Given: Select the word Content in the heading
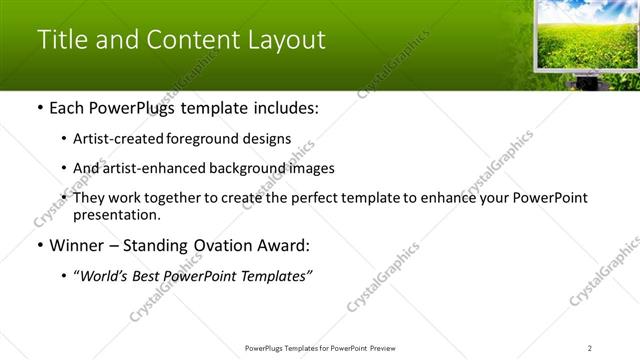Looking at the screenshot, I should (x=189, y=41).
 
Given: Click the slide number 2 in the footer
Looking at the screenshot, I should (x=590, y=347).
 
